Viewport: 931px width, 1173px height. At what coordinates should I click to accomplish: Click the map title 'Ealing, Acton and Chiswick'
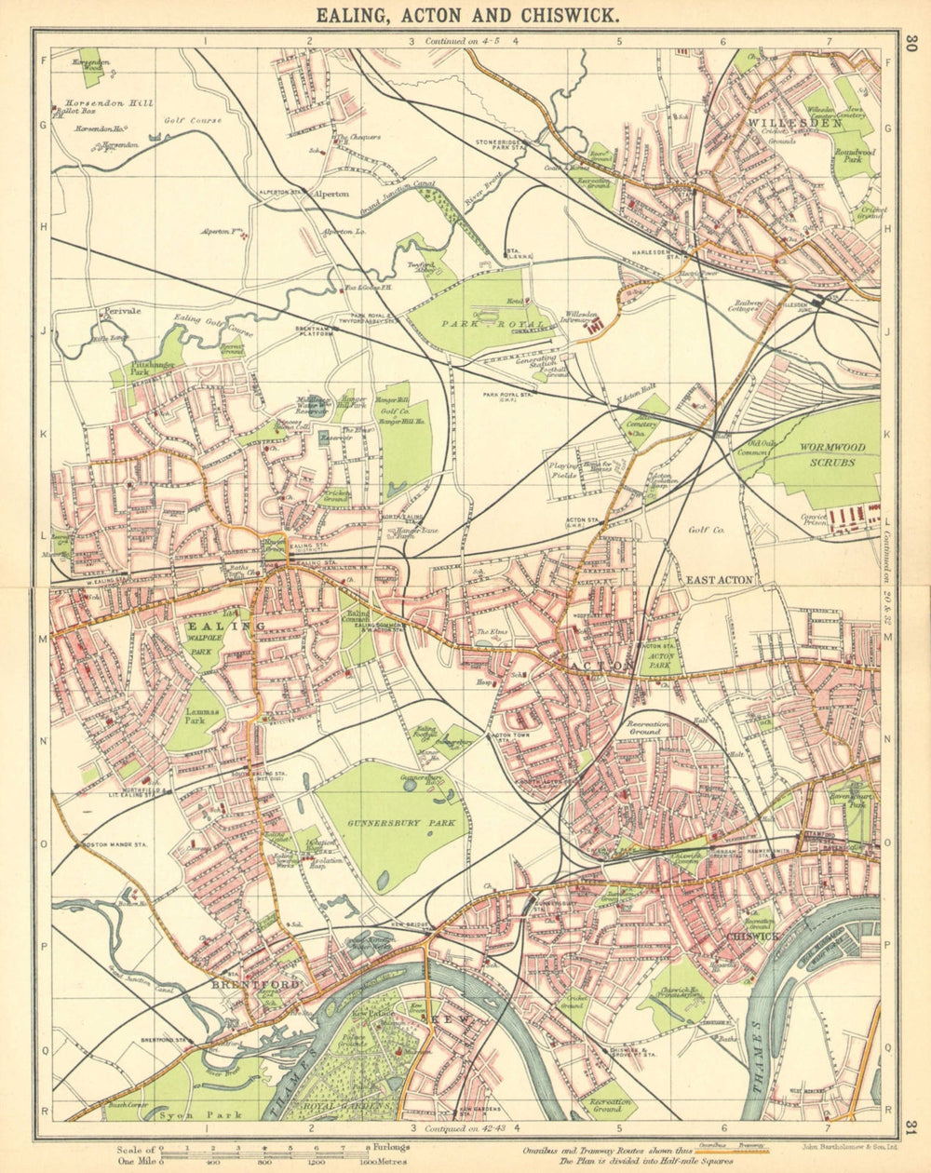(465, 15)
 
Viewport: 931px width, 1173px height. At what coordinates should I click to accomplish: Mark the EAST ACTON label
(719, 580)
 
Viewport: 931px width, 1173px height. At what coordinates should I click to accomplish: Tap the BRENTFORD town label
(255, 985)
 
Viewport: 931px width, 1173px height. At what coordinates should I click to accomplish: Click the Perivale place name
(121, 311)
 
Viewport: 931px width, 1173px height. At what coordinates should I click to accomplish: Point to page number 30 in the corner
(911, 43)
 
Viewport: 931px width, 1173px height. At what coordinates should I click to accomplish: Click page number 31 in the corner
(911, 1129)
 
